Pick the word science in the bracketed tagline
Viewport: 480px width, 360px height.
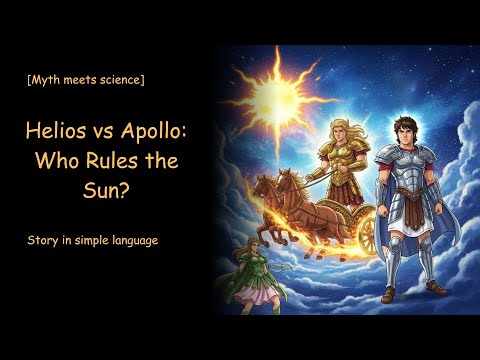(x=117, y=79)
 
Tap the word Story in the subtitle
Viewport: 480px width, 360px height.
(x=44, y=241)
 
